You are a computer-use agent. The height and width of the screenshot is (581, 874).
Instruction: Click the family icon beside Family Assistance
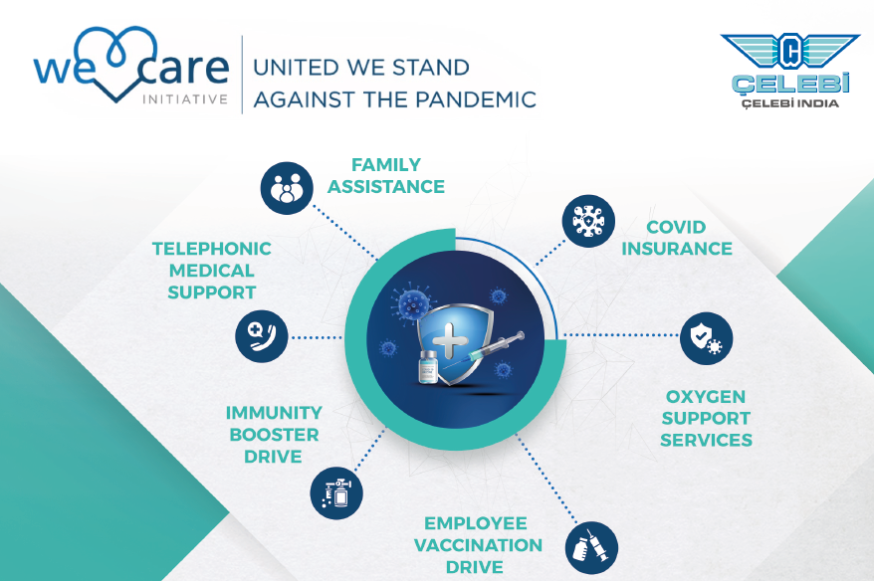pyautogui.click(x=287, y=188)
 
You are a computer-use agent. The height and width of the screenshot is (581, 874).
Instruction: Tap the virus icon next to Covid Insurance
pyautogui.click(x=588, y=221)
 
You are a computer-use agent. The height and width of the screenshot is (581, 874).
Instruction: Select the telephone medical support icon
pyautogui.click(x=262, y=336)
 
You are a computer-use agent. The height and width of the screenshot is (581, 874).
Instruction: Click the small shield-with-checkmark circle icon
pyautogui.click(x=706, y=338)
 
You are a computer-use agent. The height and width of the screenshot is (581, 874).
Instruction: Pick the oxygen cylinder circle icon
pyautogui.click(x=336, y=493)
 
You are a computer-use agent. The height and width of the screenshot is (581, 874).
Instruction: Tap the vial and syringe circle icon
pyautogui.click(x=591, y=548)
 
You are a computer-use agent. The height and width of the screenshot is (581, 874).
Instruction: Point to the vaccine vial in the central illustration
pyautogui.click(x=428, y=366)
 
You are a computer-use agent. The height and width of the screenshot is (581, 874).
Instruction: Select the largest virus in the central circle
pyautogui.click(x=413, y=304)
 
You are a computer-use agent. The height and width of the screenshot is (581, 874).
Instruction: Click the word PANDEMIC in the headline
pyautogui.click(x=476, y=99)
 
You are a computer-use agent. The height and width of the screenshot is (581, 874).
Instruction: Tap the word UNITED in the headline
pyautogui.click(x=296, y=68)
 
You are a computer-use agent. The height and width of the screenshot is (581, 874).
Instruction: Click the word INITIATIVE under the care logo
pyautogui.click(x=185, y=99)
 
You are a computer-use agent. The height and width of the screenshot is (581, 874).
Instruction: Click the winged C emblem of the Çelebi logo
pyautogui.click(x=789, y=52)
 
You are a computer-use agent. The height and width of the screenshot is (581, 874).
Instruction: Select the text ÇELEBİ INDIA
pyautogui.click(x=789, y=103)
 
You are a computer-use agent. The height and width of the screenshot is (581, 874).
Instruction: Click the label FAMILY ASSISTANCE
pyautogui.click(x=385, y=175)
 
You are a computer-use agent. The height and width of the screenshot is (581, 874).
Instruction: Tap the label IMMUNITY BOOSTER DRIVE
pyautogui.click(x=274, y=435)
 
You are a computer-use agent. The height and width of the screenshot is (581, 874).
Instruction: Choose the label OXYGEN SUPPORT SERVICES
pyautogui.click(x=706, y=419)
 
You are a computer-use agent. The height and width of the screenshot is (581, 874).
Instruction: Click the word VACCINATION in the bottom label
pyautogui.click(x=478, y=545)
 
